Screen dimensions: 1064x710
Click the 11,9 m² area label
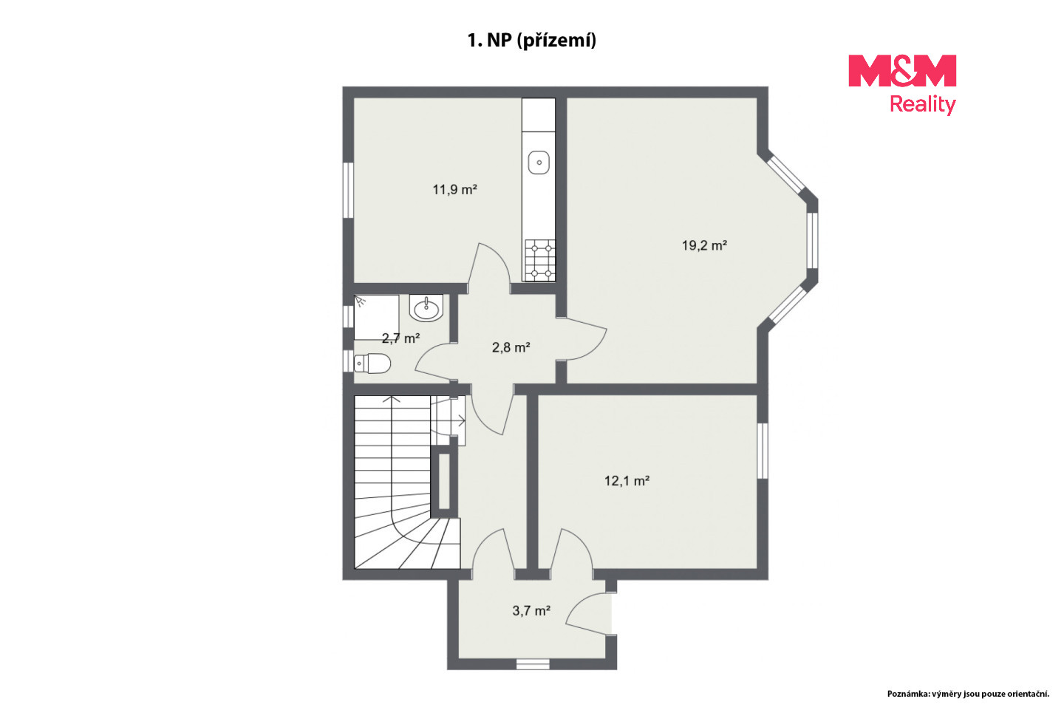click(454, 189)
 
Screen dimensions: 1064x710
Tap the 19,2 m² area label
click(704, 245)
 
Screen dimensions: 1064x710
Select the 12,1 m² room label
click(627, 481)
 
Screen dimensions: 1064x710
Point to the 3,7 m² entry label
click(531, 611)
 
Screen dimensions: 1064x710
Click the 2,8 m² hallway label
click(511, 348)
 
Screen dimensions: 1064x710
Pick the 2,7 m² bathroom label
click(401, 338)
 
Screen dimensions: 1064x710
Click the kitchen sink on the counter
click(539, 163)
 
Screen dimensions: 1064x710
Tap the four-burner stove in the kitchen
click(539, 260)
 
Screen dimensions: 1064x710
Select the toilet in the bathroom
click(372, 363)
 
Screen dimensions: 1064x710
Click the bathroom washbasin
click(426, 308)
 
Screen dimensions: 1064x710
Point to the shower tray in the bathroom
click(376, 317)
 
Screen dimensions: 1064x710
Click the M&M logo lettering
click(902, 71)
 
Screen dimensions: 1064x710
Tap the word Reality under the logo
click(922, 105)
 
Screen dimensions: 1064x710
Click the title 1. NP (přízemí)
click(531, 41)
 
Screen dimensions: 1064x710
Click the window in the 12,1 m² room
click(763, 451)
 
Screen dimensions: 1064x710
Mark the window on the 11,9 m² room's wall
click(348, 191)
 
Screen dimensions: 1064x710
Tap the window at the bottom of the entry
click(533, 664)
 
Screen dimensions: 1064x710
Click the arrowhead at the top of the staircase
click(392, 398)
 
